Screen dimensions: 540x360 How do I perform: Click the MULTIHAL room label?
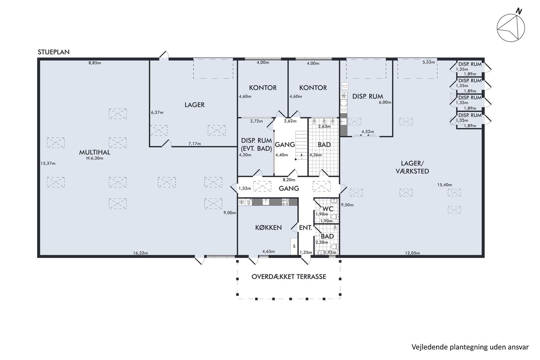[94, 152]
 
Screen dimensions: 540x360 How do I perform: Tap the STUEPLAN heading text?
[54, 52]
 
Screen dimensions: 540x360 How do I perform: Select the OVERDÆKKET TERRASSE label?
[289, 277]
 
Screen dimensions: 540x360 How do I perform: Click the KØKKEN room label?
[268, 227]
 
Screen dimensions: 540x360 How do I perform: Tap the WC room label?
[327, 209]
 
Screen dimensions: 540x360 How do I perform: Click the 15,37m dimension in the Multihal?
[48, 164]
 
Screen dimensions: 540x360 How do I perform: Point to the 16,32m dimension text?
[140, 253]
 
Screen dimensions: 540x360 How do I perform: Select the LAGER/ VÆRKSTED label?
[412, 167]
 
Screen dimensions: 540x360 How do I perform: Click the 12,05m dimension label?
[412, 253]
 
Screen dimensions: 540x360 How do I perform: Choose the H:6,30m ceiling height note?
[95, 159]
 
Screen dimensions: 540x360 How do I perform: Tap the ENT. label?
[305, 228]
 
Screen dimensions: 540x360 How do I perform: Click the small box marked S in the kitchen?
[294, 246]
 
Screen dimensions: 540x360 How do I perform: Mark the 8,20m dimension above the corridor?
[289, 180]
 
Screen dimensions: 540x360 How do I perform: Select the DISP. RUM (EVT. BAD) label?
[256, 144]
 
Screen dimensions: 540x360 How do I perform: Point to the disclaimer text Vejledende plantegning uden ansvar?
[470, 347]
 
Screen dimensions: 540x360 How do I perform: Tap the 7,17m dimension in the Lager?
[194, 144]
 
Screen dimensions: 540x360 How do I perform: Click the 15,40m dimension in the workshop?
[444, 185]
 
